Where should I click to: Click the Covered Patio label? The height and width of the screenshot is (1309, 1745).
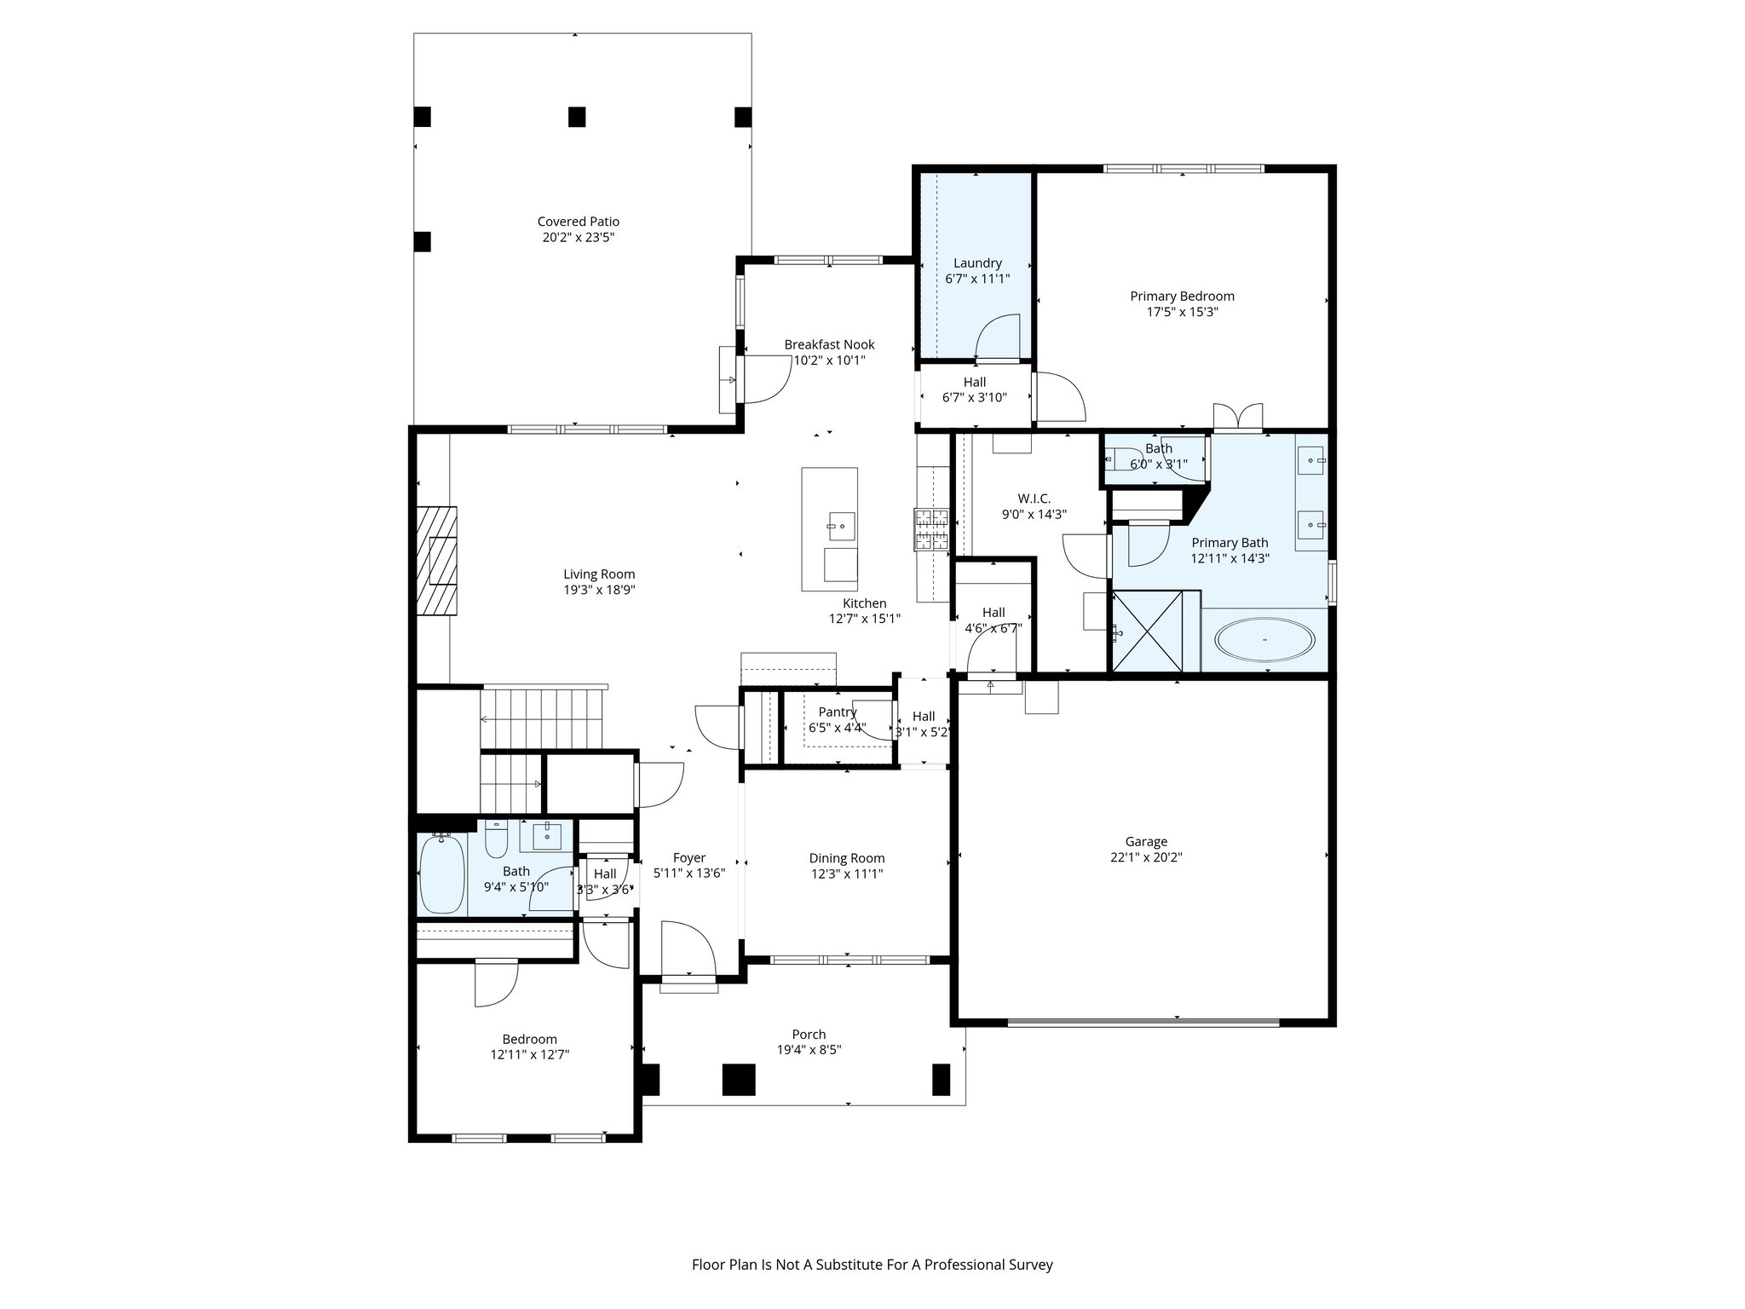coord(578,222)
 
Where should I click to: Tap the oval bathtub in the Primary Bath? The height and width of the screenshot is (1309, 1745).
coord(1264,639)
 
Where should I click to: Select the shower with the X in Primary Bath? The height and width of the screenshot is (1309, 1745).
coord(1148,631)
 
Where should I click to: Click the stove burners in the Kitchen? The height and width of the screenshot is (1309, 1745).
coord(932,529)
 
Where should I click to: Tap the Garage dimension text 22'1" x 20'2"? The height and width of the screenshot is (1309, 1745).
coord(1146,857)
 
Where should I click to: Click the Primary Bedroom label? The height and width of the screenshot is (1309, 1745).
coord(1182,296)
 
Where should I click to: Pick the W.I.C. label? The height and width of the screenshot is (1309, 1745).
coord(1034,499)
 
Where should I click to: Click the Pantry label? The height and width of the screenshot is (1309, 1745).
coord(837,712)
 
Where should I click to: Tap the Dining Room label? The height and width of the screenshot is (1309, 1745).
coord(846,858)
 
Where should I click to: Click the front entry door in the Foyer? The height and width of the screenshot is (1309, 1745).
coord(688,950)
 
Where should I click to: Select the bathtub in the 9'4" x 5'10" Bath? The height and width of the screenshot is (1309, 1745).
coord(441,875)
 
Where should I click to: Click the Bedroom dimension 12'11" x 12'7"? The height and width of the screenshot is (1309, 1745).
coord(529,1054)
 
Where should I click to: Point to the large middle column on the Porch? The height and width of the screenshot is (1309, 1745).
coord(739,1079)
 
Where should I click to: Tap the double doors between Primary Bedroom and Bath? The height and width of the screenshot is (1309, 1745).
coord(1238,416)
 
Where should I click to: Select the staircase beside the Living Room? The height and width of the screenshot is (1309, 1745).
coord(543,719)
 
